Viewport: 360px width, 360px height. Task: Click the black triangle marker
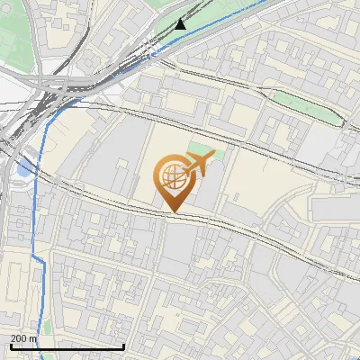click(x=181, y=23)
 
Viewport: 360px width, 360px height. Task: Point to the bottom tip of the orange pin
click(x=172, y=212)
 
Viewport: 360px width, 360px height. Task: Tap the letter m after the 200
click(x=34, y=338)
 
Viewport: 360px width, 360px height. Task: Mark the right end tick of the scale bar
click(x=123, y=346)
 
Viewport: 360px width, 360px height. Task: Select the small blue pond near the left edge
click(x=22, y=168)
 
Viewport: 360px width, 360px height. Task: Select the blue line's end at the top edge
click(x=267, y=2)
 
